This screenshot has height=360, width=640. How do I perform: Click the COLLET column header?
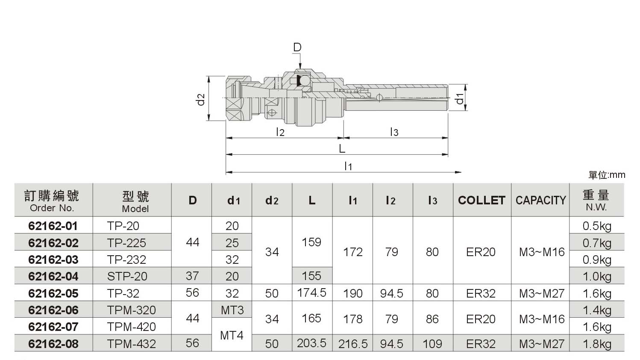click(x=482, y=200)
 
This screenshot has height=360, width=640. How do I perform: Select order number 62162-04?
click(x=53, y=276)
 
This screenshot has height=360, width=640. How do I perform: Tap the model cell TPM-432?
click(x=132, y=344)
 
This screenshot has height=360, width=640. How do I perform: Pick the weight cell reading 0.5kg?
click(x=597, y=226)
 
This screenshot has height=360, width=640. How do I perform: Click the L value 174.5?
click(x=311, y=292)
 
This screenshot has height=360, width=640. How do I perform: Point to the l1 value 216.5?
click(x=353, y=344)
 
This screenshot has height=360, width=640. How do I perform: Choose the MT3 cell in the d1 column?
click(x=232, y=310)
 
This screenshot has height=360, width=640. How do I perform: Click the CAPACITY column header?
click(x=540, y=200)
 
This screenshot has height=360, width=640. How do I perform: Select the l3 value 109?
click(x=432, y=344)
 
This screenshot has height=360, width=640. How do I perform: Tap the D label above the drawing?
click(x=297, y=47)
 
